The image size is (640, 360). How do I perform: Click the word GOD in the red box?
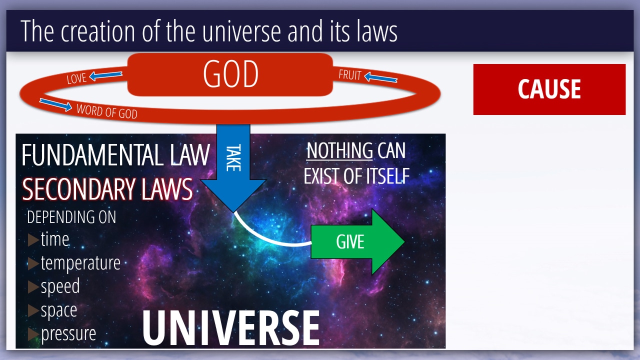pyautogui.click(x=231, y=74)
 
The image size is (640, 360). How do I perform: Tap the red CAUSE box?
pyautogui.click(x=549, y=89)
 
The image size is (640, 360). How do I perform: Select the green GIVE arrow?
pyautogui.click(x=357, y=241)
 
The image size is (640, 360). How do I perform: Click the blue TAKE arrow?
pyautogui.click(x=233, y=168)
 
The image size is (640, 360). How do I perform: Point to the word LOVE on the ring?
pyautogui.click(x=76, y=78)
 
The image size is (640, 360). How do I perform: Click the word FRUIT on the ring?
pyautogui.click(x=350, y=75)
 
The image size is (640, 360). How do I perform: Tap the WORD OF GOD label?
pyautogui.click(x=107, y=111)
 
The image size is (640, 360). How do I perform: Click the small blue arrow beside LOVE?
pyautogui.click(x=105, y=75)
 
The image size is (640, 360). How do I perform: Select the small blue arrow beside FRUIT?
pyautogui.click(x=381, y=77)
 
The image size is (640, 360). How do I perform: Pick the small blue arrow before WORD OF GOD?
pyautogui.click(x=55, y=104)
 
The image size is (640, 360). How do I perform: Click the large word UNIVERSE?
pyautogui.click(x=231, y=327)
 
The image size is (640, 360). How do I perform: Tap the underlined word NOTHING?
pyautogui.click(x=339, y=150)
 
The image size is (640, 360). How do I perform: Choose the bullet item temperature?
pyautogui.click(x=80, y=263)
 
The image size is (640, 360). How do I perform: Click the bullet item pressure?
pyautogui.click(x=68, y=334)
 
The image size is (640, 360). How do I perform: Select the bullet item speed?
pyautogui.click(x=60, y=287)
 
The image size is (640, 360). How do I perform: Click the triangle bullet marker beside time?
pyautogui.click(x=33, y=239)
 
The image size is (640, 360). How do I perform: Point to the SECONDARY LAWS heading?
pyautogui.click(x=107, y=189)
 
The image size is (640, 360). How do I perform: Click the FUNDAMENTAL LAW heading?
pyautogui.click(x=115, y=155)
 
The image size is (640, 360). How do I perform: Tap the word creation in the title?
pyautogui.click(x=97, y=31)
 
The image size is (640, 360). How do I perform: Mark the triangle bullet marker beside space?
pyautogui.click(x=33, y=310)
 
